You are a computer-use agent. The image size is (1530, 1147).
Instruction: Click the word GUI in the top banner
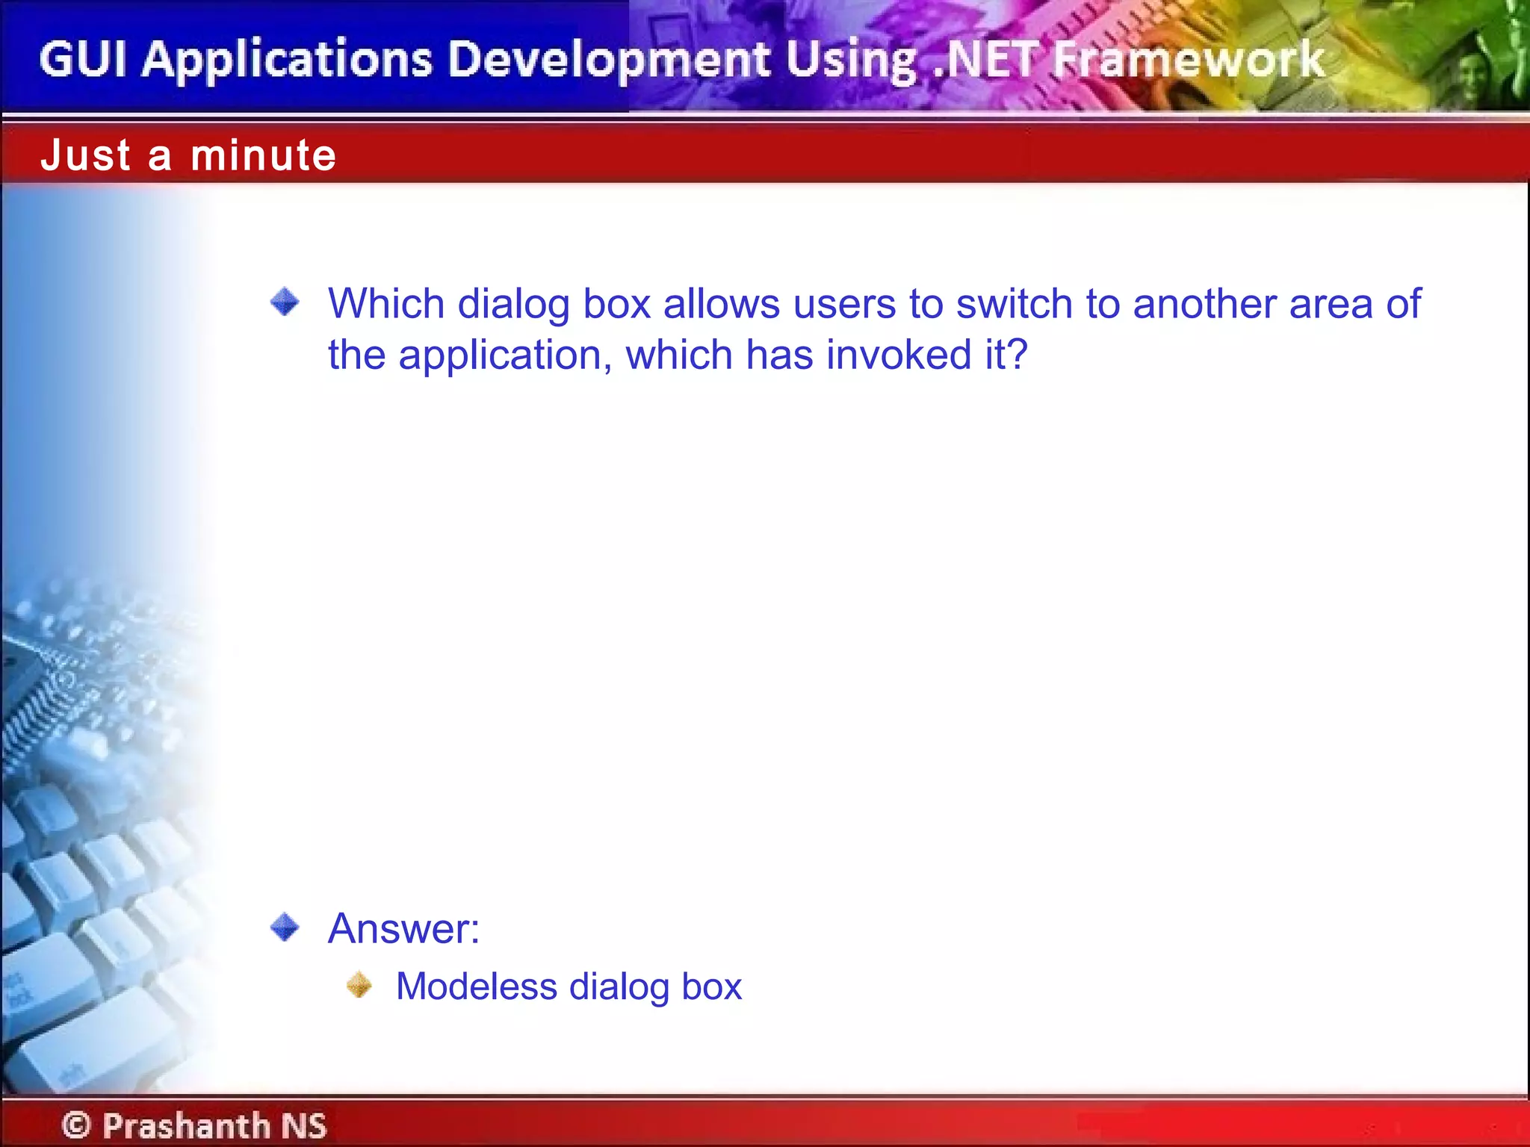[83, 60]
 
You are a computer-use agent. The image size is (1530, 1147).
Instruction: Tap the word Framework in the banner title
[1189, 60]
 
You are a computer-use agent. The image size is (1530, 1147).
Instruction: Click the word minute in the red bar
[264, 155]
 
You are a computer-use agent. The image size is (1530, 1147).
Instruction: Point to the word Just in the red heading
[86, 155]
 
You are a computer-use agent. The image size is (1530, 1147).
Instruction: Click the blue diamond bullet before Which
[285, 302]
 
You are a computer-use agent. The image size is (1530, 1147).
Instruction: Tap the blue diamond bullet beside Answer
[285, 927]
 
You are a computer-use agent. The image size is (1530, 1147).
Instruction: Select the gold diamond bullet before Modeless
[359, 985]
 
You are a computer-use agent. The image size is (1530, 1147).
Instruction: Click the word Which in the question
[386, 304]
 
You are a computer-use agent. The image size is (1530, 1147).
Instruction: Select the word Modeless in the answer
[476, 986]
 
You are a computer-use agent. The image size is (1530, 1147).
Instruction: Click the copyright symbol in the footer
[76, 1125]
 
